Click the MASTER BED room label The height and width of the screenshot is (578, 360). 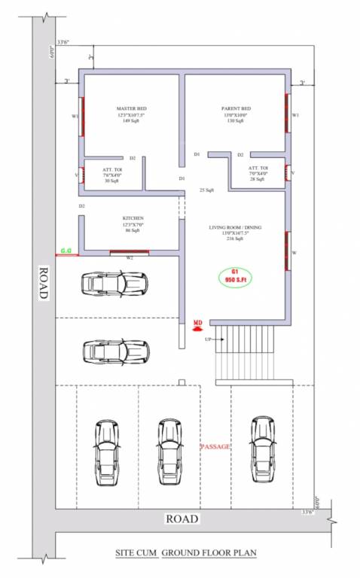point(131,109)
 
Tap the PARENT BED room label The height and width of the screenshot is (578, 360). point(236,109)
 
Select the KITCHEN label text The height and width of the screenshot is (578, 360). point(133,218)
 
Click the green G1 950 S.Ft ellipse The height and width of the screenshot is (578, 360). point(235,275)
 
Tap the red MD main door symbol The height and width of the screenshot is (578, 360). point(198,324)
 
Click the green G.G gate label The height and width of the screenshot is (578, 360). point(67,249)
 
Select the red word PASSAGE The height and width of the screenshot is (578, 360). point(215,447)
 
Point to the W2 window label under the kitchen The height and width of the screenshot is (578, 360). point(129,258)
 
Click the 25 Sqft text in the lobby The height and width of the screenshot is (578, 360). point(206,190)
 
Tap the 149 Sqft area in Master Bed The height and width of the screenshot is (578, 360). point(131,121)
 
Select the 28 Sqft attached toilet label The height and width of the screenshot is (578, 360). point(258,180)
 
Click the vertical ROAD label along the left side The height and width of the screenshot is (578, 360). point(43,284)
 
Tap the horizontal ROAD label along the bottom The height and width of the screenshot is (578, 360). point(182,519)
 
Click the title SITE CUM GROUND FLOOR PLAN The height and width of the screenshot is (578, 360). point(185,553)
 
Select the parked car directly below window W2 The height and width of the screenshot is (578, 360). point(114,284)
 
